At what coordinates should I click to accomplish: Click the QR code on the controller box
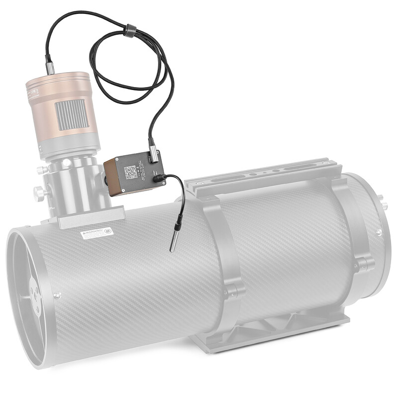coord(130,172)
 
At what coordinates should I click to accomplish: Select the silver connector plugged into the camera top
coord(50,67)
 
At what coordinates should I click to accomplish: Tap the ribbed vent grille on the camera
coord(71,114)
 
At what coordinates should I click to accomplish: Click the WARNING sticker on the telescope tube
coord(97,233)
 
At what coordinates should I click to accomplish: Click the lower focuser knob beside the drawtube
coord(38,192)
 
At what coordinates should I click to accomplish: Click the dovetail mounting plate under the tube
coord(269,331)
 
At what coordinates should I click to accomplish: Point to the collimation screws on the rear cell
coord(383,204)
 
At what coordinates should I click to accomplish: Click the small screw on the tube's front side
coord(57,295)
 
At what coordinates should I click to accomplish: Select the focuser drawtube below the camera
coord(75,182)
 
